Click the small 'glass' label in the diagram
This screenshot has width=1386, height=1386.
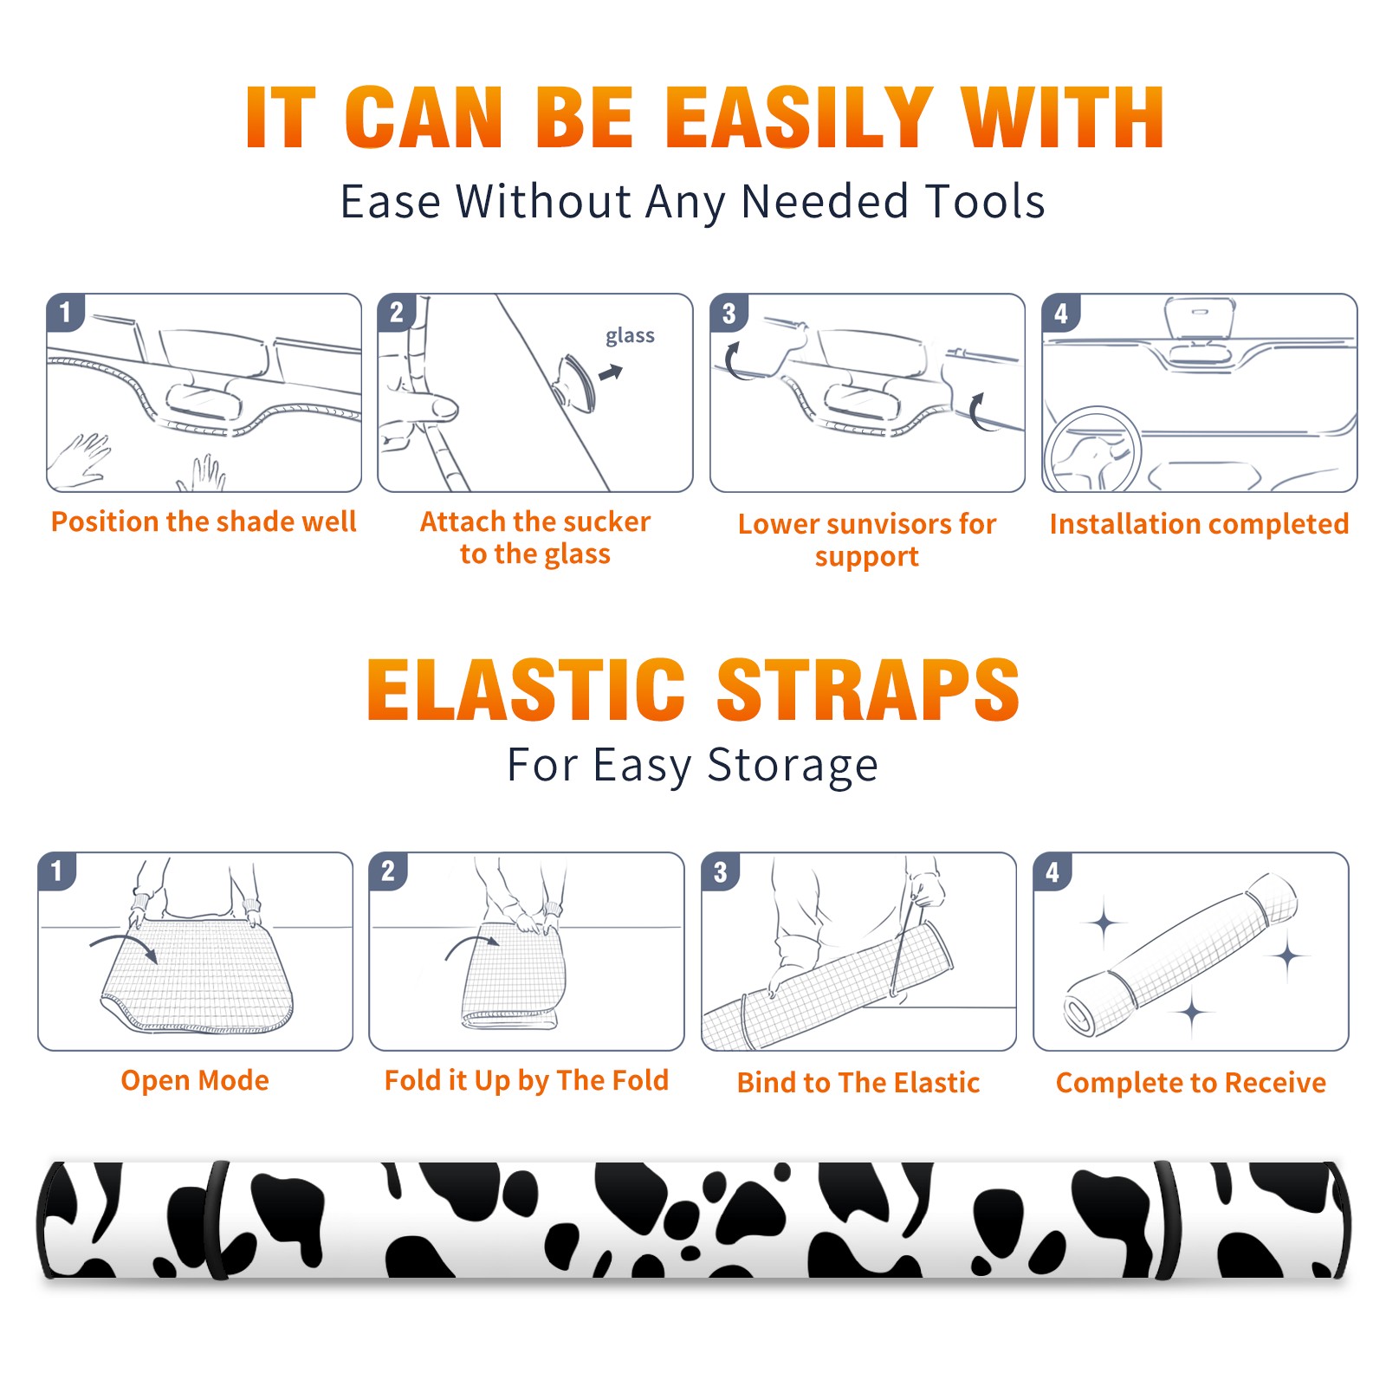630,335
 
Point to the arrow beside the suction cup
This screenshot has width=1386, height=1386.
611,372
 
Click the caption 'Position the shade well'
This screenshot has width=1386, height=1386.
204,521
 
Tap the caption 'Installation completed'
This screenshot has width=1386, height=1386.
1199,524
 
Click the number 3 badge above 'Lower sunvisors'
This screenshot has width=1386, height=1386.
729,313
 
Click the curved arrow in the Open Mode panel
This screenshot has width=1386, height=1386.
123,945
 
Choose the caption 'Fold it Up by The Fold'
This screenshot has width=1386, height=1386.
527,1080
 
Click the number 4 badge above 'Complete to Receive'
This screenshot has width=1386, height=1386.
1052,871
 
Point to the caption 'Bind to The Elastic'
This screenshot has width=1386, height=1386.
858,1083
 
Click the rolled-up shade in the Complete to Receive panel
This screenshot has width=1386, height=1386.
1182,955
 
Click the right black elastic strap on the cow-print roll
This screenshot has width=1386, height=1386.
1169,1220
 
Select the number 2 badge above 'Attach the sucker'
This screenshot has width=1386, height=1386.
397,313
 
